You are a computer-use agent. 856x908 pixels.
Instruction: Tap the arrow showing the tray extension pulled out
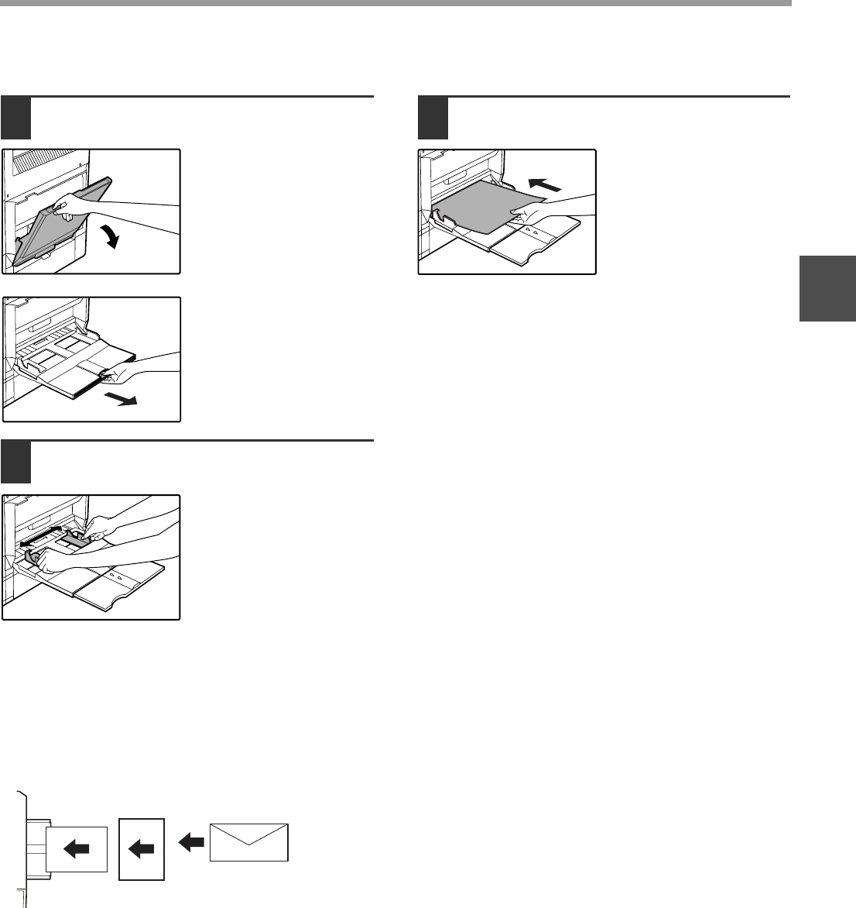[x=122, y=401]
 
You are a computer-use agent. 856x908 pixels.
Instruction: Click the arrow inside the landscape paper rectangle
[x=75, y=849]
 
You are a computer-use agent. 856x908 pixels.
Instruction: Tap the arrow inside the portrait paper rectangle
[x=141, y=849]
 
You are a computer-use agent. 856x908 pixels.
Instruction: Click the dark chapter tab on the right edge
[x=827, y=288]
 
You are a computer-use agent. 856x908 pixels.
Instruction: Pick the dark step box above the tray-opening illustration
[x=16, y=117]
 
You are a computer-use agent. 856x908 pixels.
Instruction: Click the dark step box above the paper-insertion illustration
[x=433, y=117]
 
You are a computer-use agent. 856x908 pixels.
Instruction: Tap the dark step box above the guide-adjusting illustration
[x=16, y=463]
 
